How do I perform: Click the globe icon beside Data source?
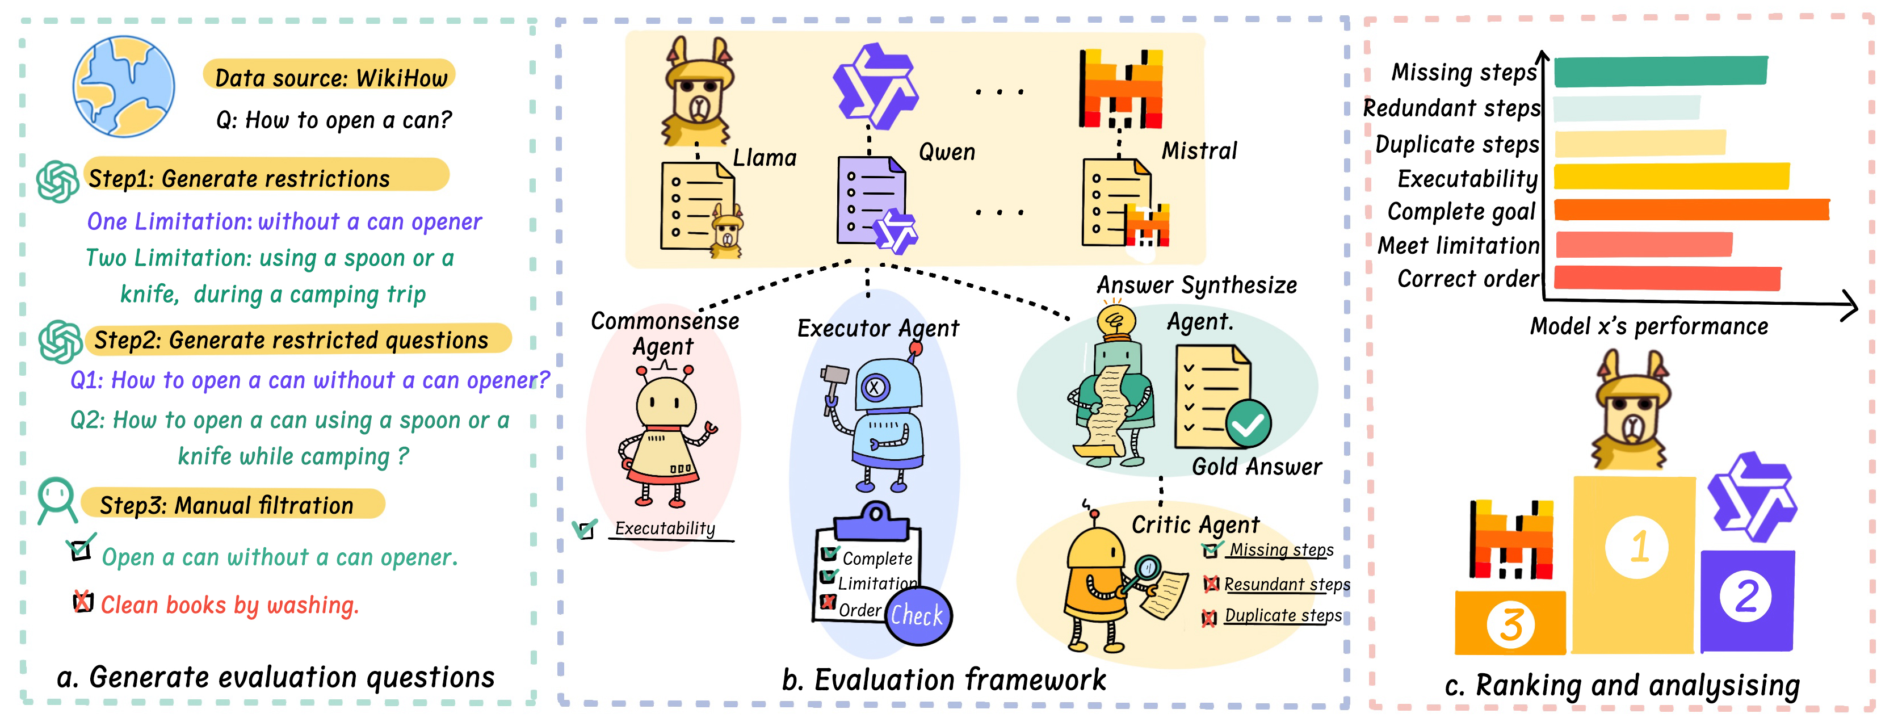pyautogui.click(x=124, y=86)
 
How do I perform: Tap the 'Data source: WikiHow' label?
pyautogui.click(x=330, y=77)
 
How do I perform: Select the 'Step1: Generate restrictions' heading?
pyautogui.click(x=239, y=178)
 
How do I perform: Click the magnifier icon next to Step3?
pyautogui.click(x=57, y=499)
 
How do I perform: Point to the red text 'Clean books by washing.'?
pyautogui.click(x=229, y=605)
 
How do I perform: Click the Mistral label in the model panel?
pyautogui.click(x=1199, y=150)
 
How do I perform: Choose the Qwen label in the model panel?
pyautogui.click(x=946, y=152)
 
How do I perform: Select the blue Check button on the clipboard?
pyautogui.click(x=917, y=615)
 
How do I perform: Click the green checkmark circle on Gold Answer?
pyautogui.click(x=1248, y=424)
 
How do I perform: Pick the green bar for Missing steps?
pyautogui.click(x=1661, y=71)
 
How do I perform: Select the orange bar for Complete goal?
pyautogui.click(x=1691, y=209)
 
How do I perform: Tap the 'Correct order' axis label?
pyautogui.click(x=1468, y=279)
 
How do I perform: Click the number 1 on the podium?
pyautogui.click(x=1637, y=547)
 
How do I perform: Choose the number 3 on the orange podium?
pyautogui.click(x=1510, y=624)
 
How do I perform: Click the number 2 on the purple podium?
pyautogui.click(x=1745, y=595)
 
